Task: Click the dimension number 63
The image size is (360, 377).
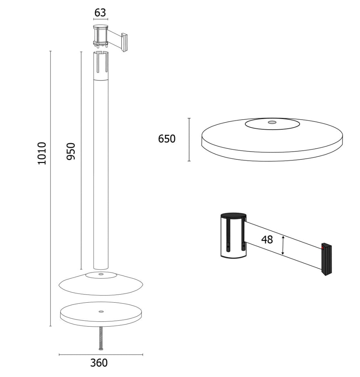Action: point(100,13)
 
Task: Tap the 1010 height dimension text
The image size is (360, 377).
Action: point(42,154)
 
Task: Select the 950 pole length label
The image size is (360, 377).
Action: point(71,151)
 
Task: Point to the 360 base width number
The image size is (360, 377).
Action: point(99,363)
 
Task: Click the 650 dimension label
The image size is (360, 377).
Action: point(167,139)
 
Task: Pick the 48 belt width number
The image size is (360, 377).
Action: point(267,239)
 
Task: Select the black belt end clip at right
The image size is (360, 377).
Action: point(327,260)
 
